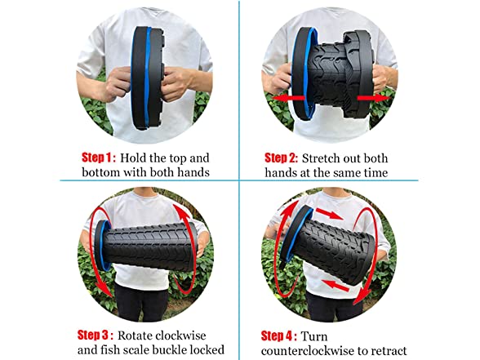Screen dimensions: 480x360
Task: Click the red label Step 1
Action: [x=99, y=158]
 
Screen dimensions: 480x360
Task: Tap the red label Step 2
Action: [x=281, y=158]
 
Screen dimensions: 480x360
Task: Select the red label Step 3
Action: [x=96, y=336]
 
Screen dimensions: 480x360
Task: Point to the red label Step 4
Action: [x=278, y=336]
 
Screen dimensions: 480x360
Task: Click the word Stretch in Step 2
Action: [x=321, y=158]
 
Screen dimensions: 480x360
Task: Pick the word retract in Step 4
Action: [x=389, y=351]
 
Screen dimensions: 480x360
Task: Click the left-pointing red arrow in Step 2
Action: [x=288, y=98]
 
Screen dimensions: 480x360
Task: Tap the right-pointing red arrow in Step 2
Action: [x=374, y=98]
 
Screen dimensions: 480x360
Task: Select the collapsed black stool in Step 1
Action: [x=148, y=78]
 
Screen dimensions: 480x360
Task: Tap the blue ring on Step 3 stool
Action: [x=104, y=245]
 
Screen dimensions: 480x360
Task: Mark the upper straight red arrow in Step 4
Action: [x=329, y=214]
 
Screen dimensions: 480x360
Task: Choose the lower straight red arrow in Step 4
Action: [x=336, y=285]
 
